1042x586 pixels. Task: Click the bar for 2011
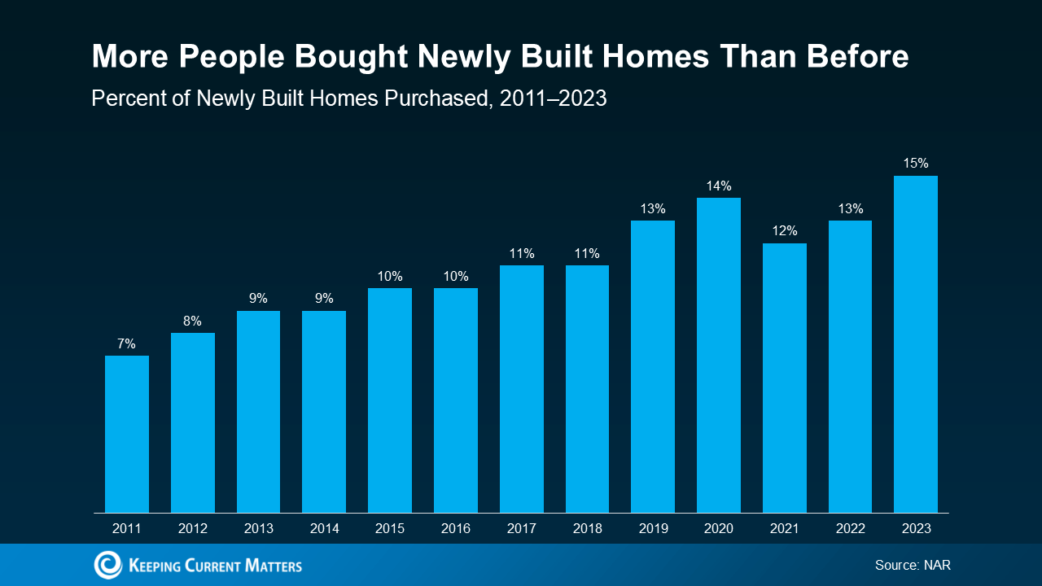click(127, 435)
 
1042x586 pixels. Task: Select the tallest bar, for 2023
click(916, 344)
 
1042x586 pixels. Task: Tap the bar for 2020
click(719, 356)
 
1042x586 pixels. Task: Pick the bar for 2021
click(784, 378)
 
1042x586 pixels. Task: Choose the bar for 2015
click(390, 400)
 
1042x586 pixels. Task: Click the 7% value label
click(126, 343)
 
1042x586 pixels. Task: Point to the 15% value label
click(916, 164)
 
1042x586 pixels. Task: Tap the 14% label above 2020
click(719, 186)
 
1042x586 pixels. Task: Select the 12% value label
click(785, 230)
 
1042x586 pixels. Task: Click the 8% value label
click(192, 321)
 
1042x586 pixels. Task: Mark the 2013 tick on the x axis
click(259, 528)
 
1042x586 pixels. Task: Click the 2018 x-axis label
click(587, 528)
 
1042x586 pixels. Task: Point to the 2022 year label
click(851, 528)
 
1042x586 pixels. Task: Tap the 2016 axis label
click(455, 528)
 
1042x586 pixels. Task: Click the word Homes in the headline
click(655, 56)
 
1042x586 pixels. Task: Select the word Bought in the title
click(351, 58)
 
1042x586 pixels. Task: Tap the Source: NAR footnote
click(913, 565)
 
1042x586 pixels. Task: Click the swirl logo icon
click(108, 565)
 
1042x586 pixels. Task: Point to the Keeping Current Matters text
click(215, 566)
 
